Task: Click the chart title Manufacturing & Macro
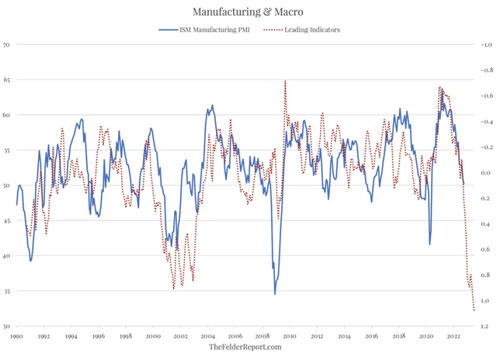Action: click(x=248, y=12)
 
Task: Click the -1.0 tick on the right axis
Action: click(x=484, y=44)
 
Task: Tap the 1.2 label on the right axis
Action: click(x=484, y=327)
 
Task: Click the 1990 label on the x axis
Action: click(x=16, y=337)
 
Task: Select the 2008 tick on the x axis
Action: click(x=262, y=337)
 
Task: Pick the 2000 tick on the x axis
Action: click(x=153, y=337)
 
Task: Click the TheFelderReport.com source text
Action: click(x=245, y=348)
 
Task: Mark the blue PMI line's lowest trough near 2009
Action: click(x=275, y=293)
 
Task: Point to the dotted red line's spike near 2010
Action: click(x=285, y=81)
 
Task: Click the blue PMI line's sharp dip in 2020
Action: click(x=429, y=244)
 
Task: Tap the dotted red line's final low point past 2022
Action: click(x=474, y=311)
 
